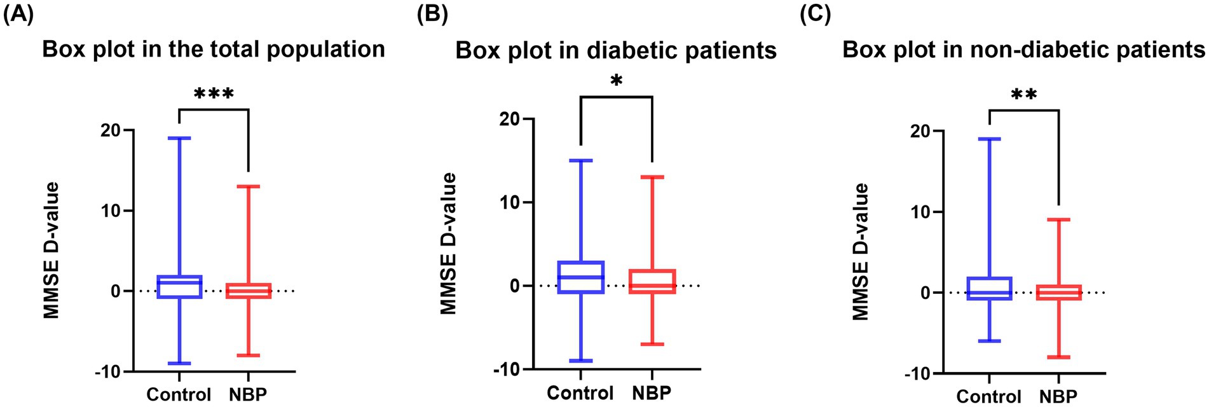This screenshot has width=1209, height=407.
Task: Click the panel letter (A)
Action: pyautogui.click(x=18, y=14)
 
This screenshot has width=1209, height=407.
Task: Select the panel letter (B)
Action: pyautogui.click(x=432, y=14)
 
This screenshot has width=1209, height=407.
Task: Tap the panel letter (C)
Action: pyautogui.click(x=815, y=14)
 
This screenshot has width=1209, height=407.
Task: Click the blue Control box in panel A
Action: pyautogui.click(x=179, y=287)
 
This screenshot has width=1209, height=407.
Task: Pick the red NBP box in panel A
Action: pyautogui.click(x=249, y=291)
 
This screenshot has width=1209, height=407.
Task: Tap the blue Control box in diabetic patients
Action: pyautogui.click(x=580, y=277)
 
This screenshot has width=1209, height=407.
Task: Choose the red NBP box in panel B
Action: pyautogui.click(x=652, y=281)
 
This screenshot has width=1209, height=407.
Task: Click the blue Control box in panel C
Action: pyautogui.click(x=989, y=289)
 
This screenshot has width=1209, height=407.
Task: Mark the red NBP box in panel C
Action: pyautogui.click(x=1059, y=293)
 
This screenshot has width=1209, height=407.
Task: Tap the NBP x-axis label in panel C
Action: pyautogui.click(x=1059, y=397)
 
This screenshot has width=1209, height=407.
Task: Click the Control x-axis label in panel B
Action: pyautogui.click(x=580, y=393)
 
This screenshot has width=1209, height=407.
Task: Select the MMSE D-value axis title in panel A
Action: pyautogui.click(x=51, y=250)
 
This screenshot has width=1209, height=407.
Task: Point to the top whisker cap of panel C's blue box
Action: pyautogui.click(x=989, y=139)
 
